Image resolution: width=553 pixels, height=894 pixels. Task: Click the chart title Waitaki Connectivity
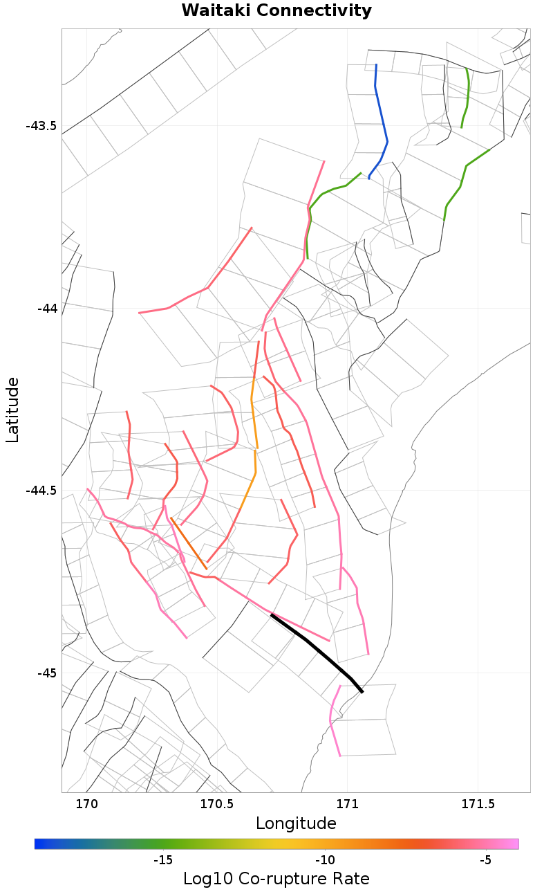click(276, 11)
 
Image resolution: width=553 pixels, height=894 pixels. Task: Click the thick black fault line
click(315, 648)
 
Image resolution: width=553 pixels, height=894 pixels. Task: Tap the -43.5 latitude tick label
click(41, 126)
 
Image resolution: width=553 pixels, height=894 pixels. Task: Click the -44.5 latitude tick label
click(41, 491)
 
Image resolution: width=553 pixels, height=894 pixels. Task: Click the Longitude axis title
click(296, 823)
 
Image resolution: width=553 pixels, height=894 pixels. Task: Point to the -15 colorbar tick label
click(162, 860)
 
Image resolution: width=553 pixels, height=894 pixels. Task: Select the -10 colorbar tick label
click(325, 860)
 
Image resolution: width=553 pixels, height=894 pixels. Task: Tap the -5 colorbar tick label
click(485, 860)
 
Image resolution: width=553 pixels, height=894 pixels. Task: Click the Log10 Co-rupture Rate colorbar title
click(276, 879)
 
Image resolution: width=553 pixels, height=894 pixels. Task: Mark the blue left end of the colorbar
click(37, 843)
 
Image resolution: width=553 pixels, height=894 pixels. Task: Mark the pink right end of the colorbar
click(516, 843)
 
